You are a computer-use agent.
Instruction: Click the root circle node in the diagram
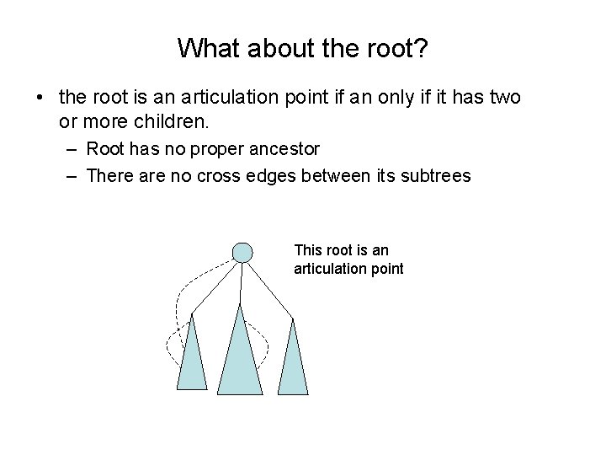click(242, 251)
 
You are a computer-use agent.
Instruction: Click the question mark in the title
click(422, 48)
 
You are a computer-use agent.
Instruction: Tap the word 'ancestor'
click(288, 149)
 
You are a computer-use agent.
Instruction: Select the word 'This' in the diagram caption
click(307, 250)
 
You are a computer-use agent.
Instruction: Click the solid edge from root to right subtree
click(269, 290)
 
